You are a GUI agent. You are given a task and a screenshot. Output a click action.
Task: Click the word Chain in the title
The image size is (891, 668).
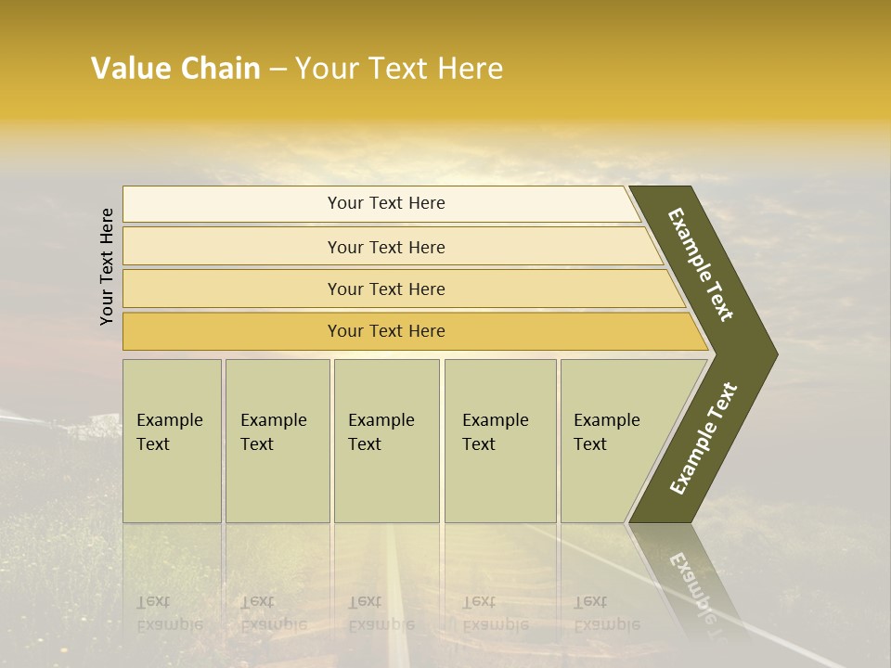(220, 69)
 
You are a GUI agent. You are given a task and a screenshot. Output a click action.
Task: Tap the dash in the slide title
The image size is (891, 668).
(278, 70)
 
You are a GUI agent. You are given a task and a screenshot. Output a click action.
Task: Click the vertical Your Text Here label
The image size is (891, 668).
(107, 266)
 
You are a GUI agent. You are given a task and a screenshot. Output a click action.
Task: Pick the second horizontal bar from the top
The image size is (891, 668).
(385, 247)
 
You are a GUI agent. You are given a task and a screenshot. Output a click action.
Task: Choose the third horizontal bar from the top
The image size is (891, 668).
(385, 289)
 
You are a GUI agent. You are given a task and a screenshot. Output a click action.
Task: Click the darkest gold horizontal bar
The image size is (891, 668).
(385, 331)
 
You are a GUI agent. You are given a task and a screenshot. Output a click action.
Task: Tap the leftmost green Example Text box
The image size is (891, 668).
(172, 441)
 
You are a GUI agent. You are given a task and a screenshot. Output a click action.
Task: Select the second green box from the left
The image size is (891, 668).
(277, 441)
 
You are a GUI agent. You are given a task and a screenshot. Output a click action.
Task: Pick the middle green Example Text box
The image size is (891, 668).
(386, 441)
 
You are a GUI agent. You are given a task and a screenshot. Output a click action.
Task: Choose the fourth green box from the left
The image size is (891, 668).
(499, 441)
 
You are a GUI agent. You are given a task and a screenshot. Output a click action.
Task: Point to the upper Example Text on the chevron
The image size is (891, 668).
(702, 264)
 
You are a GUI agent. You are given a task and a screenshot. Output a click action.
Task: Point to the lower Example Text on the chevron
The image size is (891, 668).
(704, 438)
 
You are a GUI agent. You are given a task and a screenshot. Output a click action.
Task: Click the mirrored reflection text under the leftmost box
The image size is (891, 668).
(170, 612)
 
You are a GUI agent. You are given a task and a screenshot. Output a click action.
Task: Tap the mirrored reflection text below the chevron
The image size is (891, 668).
(692, 584)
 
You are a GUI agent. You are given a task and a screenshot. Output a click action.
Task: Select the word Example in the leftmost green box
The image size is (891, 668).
(169, 420)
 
